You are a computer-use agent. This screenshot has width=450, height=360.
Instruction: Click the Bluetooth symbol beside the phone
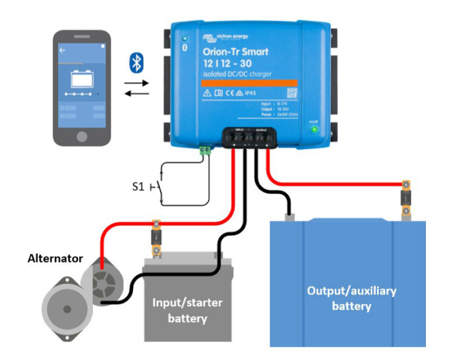(136, 62)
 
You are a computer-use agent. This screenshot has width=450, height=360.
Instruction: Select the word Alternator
(55, 259)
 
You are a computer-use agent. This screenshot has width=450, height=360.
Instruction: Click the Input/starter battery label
(188, 310)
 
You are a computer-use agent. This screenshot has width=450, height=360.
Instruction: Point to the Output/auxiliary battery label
(352, 298)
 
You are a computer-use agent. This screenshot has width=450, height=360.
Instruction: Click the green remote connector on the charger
(205, 150)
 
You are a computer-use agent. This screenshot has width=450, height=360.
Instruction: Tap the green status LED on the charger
(314, 130)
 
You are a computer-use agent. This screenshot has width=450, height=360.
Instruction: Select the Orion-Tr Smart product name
(236, 52)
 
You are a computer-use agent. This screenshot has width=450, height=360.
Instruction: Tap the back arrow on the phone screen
(62, 50)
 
